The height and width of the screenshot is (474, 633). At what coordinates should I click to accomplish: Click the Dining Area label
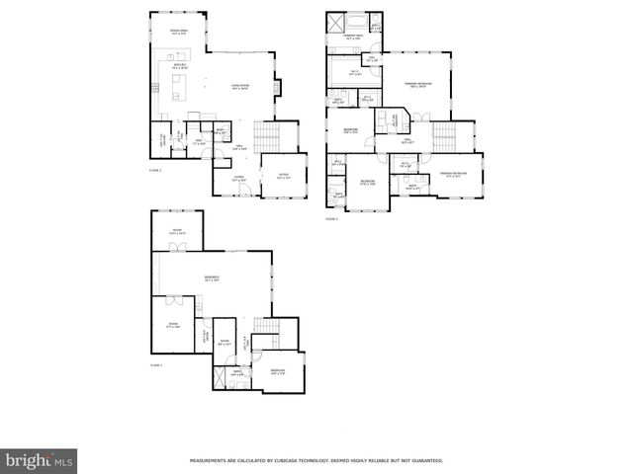(x=178, y=32)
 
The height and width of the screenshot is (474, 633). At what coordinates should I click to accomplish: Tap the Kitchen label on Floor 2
(x=180, y=66)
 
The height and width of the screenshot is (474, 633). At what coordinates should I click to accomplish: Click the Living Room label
(x=240, y=86)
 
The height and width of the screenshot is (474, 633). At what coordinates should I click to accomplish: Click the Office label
(x=283, y=176)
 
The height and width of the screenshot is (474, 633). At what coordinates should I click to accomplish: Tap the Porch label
(x=238, y=180)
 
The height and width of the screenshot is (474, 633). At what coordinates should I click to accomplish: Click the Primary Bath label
(x=352, y=38)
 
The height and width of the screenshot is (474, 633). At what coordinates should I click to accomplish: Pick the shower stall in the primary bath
(x=376, y=25)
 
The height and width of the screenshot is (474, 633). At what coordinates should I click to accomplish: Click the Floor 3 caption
(x=331, y=218)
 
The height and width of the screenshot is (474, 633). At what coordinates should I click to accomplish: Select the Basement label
(x=212, y=277)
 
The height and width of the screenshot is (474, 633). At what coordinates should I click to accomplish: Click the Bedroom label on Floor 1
(x=277, y=371)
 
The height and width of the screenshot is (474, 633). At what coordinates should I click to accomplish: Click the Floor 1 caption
(x=155, y=364)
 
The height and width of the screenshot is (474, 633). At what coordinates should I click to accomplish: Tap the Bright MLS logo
(x=40, y=459)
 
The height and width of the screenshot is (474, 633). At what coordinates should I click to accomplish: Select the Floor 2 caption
(x=154, y=170)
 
